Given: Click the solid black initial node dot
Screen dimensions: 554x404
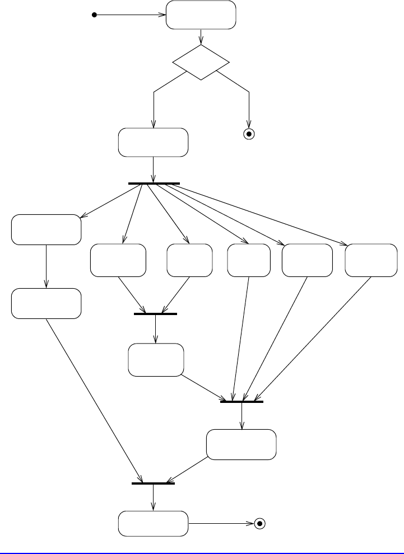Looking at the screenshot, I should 95,15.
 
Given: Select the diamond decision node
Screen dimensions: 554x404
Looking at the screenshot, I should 201,62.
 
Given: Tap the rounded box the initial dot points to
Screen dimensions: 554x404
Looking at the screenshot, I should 201,15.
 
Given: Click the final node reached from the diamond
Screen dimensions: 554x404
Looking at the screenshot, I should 249,134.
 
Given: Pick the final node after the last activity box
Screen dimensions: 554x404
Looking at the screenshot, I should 259,524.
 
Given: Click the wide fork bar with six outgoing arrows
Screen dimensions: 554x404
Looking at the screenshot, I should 154,183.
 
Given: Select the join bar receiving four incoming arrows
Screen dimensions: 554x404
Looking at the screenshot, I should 242,402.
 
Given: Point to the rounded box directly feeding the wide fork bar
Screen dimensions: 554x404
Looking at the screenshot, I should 153,143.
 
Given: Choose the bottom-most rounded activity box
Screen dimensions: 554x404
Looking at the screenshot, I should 153,524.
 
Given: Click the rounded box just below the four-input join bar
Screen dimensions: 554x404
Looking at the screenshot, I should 241,444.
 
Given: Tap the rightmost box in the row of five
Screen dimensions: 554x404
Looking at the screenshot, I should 369,260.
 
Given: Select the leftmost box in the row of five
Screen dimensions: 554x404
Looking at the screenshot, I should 118,260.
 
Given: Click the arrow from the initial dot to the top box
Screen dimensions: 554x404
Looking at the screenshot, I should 132,15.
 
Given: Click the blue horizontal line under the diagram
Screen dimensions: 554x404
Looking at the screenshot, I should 202,551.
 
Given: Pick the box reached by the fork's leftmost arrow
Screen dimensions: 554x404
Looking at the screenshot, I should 46,229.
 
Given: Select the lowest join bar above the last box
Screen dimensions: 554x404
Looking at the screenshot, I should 153,483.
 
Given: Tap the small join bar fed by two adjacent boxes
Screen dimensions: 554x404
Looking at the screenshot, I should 155,314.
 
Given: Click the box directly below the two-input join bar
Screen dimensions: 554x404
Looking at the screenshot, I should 156,360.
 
